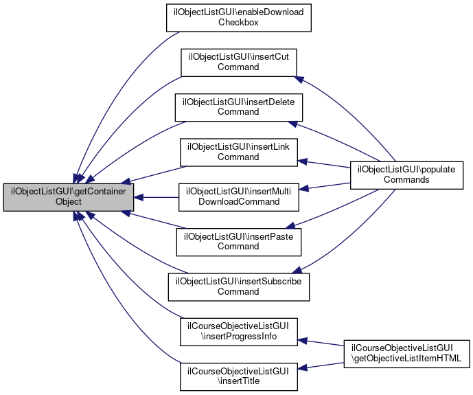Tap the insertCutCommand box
tap(238, 63)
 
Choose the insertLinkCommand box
tap(238, 152)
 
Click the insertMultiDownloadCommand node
tap(238, 197)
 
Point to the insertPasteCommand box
tap(238, 242)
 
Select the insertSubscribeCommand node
tap(238, 286)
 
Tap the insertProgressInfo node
tap(238, 332)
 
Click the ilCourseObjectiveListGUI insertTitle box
tap(238, 376)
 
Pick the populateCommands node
tap(407, 174)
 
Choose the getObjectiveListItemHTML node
tap(406, 354)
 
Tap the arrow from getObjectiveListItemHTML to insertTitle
tap(323, 365)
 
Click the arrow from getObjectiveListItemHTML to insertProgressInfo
tap(323, 343)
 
